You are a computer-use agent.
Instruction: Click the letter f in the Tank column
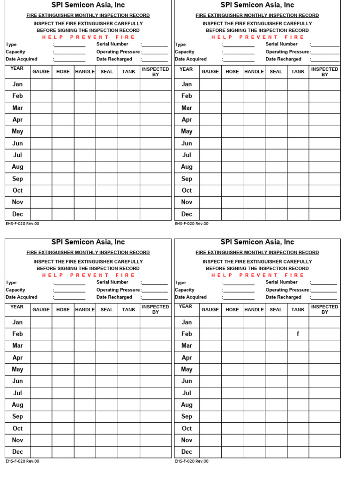[x=298, y=334]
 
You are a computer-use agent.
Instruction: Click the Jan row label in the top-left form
[x=17, y=84]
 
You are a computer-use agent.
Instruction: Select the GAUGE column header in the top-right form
[x=210, y=72]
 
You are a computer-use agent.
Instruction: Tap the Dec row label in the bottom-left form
[x=17, y=452]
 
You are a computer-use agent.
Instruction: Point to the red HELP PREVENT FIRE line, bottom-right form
[x=257, y=275]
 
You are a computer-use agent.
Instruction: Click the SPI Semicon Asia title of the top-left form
[x=88, y=5]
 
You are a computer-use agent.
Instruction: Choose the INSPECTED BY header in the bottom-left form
[x=155, y=309]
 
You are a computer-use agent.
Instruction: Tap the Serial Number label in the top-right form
[x=281, y=44]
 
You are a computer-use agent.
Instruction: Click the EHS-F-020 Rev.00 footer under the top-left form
[x=22, y=224]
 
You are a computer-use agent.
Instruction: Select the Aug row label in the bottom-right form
[x=187, y=405]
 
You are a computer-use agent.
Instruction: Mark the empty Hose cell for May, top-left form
[x=63, y=132]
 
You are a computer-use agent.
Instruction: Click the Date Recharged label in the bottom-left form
[x=114, y=297]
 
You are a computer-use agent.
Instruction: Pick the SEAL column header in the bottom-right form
[x=276, y=309]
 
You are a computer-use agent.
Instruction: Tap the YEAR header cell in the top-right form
[x=186, y=69]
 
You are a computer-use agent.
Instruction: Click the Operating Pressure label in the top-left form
[x=118, y=52]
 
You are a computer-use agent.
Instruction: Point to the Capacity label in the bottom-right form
[x=185, y=290]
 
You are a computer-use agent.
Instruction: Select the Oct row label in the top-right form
[x=187, y=190]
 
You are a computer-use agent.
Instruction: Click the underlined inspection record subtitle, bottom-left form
[x=88, y=252]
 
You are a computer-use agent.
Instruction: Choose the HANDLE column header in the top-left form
[x=85, y=72]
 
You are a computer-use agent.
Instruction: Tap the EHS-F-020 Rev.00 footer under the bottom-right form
[x=192, y=461]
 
